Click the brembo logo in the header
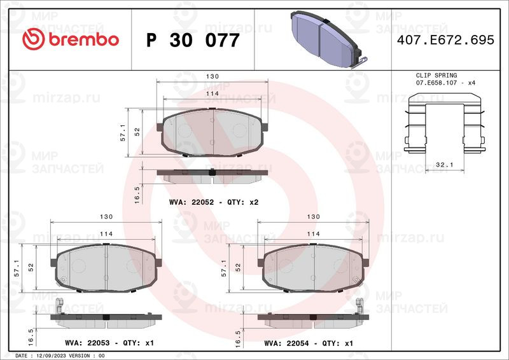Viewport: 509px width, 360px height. pyautogui.click(x=71, y=39)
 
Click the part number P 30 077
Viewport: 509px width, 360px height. pyautogui.click(x=193, y=40)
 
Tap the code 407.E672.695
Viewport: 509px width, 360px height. pyautogui.click(x=445, y=40)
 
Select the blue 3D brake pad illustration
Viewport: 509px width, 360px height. pyautogui.click(x=327, y=39)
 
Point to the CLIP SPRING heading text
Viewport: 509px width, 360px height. pyautogui.click(x=436, y=75)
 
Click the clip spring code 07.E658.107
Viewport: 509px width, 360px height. pyautogui.click(x=436, y=83)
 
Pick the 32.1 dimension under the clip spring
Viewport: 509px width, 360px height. pyautogui.click(x=444, y=165)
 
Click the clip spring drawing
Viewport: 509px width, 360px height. pyautogui.click(x=444, y=123)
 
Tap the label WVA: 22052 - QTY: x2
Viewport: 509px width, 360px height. pyautogui.click(x=214, y=202)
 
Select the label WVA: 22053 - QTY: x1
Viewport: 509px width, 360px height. pyautogui.click(x=109, y=343)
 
